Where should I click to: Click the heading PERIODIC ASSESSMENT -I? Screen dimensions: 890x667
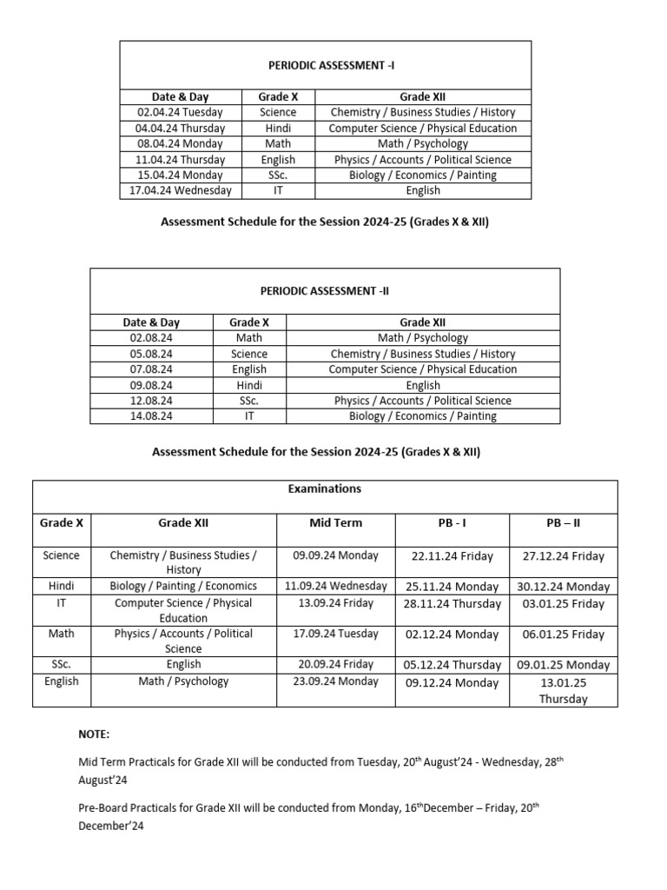click(x=325, y=65)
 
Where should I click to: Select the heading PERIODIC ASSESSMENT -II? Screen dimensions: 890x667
click(x=325, y=291)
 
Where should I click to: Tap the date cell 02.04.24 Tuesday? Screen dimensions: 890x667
click(x=180, y=112)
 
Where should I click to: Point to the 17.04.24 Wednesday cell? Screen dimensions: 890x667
click(x=180, y=190)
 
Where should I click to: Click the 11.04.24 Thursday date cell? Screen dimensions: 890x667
click(x=180, y=159)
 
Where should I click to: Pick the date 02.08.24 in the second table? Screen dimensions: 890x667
click(x=151, y=338)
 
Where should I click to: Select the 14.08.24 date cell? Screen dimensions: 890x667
click(x=151, y=416)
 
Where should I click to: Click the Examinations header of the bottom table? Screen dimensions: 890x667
click(x=325, y=489)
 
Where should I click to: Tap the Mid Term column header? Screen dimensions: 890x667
click(x=335, y=523)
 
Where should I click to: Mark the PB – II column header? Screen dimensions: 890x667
click(x=563, y=523)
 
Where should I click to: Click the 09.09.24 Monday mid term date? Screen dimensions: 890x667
click(x=335, y=555)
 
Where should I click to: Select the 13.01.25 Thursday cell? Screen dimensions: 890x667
click(x=563, y=691)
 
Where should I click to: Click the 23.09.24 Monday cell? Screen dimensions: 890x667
click(x=335, y=681)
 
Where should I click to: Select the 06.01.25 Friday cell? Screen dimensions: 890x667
click(x=563, y=634)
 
